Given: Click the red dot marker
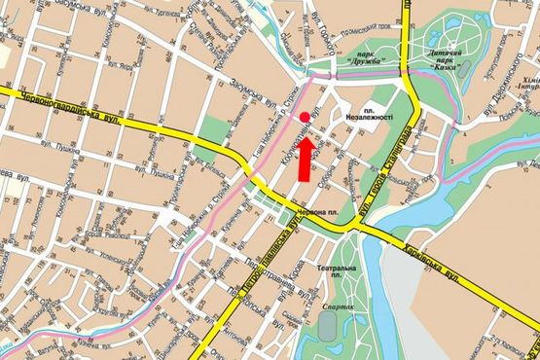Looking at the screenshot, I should [x=305, y=117].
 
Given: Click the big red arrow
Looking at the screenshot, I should [x=305, y=159].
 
